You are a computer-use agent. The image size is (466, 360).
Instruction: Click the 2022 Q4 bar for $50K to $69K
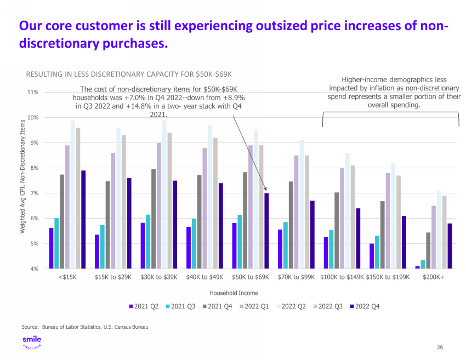point(266,231)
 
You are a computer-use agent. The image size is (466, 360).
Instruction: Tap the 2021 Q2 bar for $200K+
point(417,267)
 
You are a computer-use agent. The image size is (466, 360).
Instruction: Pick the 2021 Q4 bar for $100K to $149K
point(337,230)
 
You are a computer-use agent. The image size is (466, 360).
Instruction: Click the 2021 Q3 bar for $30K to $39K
point(148,241)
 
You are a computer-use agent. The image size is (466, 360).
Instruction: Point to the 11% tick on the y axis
point(33,93)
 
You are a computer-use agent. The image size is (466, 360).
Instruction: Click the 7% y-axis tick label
point(34,193)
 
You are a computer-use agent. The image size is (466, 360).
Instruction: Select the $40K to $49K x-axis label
point(205,277)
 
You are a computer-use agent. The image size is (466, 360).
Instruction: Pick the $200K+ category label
point(434,277)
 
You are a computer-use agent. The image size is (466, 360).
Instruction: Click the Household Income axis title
point(234,293)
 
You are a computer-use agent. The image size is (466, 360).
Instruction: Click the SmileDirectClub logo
point(31,343)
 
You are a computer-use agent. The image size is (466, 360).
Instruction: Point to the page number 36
point(440,347)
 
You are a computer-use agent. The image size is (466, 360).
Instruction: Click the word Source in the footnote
point(29,327)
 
